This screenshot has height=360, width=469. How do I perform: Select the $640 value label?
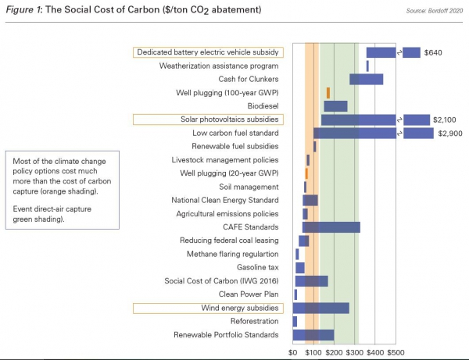pyautogui.click(x=434, y=52)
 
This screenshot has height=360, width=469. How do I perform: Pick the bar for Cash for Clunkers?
pyautogui.click(x=366, y=79)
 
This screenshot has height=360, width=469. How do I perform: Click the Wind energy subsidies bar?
pyautogui.click(x=321, y=308)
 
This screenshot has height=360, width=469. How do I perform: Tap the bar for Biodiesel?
pyautogui.click(x=335, y=106)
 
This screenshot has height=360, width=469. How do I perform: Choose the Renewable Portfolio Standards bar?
pyautogui.click(x=313, y=335)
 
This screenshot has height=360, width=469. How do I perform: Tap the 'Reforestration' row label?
pyautogui.click(x=254, y=321)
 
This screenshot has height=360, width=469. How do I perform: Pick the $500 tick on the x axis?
pyautogui.click(x=396, y=353)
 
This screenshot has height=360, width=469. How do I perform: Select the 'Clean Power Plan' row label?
pyautogui.click(x=249, y=294)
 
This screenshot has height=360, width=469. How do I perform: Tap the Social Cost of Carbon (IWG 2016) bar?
pyautogui.click(x=311, y=281)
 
